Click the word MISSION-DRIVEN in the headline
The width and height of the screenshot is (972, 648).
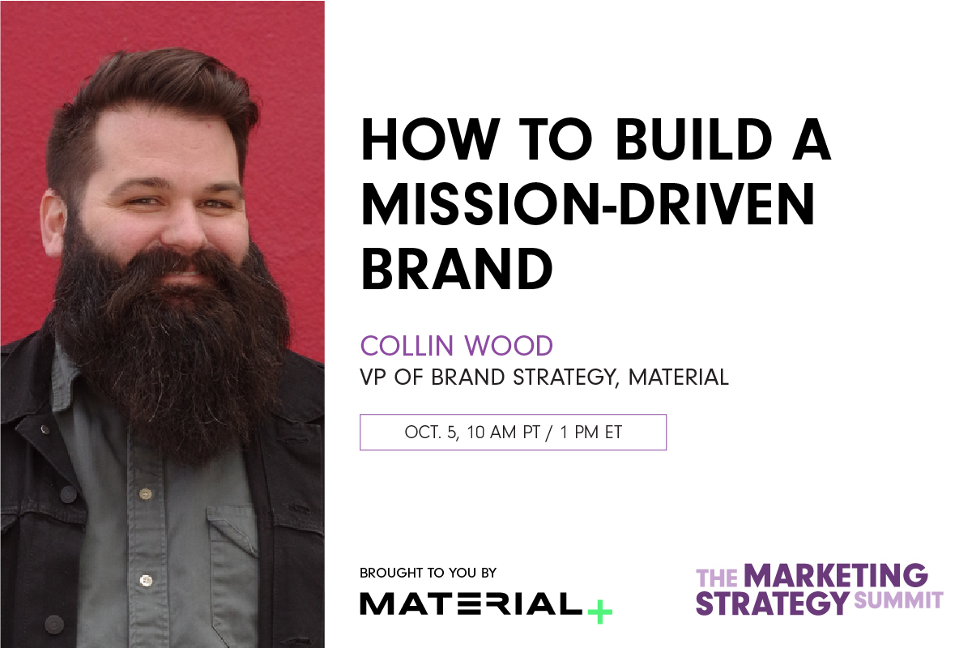pyautogui.click(x=588, y=204)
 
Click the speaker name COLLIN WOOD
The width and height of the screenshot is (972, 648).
pyautogui.click(x=457, y=346)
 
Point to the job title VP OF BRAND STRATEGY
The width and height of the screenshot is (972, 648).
pyautogui.click(x=489, y=377)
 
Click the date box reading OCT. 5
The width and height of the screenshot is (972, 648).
pyautogui.click(x=513, y=433)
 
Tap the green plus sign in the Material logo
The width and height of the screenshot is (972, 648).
pyautogui.click(x=599, y=608)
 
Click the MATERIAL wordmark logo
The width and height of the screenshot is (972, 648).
pyautogui.click(x=470, y=604)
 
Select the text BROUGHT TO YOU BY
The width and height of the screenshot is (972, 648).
pyautogui.click(x=428, y=573)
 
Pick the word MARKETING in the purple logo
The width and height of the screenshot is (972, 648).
pyautogui.click(x=835, y=576)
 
